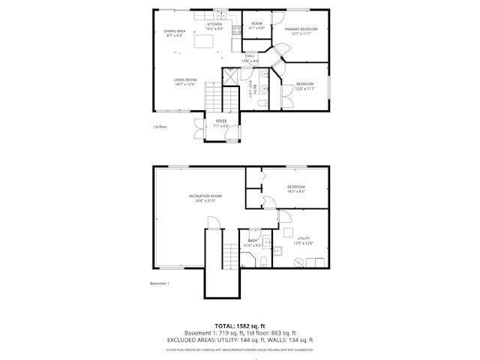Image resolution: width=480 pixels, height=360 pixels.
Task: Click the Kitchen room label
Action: click(214, 24)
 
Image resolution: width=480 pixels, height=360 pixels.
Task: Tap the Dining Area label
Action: click(175, 31)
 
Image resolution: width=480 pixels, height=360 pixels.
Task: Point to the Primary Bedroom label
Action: click(301, 28)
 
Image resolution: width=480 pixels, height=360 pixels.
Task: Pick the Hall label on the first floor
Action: click(250, 55)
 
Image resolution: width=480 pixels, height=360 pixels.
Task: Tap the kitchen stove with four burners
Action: click(236, 31)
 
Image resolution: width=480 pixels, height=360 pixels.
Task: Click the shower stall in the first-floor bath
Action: click(231, 76)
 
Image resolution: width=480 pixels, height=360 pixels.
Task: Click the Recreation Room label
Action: click(205, 196)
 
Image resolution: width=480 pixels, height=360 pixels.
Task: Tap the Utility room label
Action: click(303, 238)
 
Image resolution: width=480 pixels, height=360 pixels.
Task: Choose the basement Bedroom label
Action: click(295, 187)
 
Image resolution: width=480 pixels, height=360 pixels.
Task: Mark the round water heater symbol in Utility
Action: click(299, 262)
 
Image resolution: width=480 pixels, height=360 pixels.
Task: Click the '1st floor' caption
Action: click(160, 127)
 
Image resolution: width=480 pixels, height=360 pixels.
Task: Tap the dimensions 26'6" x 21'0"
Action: click(205, 201)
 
